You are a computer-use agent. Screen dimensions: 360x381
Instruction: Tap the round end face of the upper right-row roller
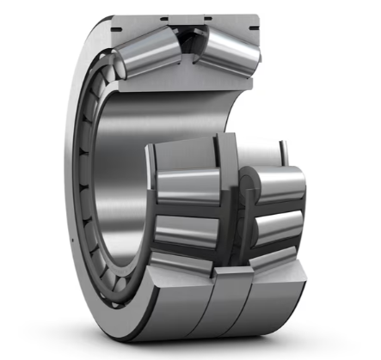(x=250, y=186)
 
